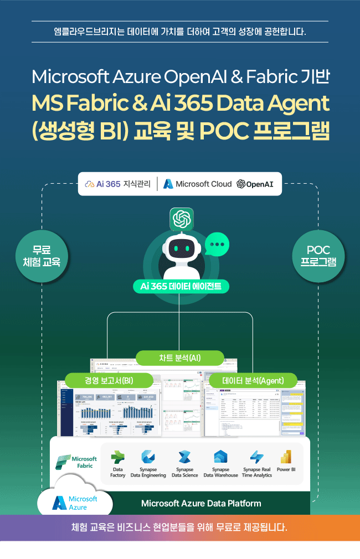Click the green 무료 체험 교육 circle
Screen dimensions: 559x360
pyautogui.click(x=42, y=256)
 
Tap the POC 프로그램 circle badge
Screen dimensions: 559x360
pyautogui.click(x=318, y=256)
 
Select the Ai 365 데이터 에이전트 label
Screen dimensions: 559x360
pyautogui.click(x=181, y=287)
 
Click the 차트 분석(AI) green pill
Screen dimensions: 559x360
pyautogui.click(x=180, y=358)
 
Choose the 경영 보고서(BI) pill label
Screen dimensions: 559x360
pyautogui.click(x=109, y=381)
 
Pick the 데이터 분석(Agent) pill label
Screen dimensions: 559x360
pyautogui.click(x=253, y=381)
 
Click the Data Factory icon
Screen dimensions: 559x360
pyautogui.click(x=117, y=458)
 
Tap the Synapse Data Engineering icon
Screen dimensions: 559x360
pyautogui.click(x=148, y=458)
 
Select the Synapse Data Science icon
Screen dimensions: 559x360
pyautogui.click(x=184, y=458)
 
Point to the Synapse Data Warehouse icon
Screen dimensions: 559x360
pyautogui.click(x=220, y=458)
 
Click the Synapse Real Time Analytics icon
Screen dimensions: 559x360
pyautogui.click(x=257, y=458)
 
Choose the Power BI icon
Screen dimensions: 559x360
pyautogui.click(x=286, y=458)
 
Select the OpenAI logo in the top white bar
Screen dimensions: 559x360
pyautogui.click(x=255, y=184)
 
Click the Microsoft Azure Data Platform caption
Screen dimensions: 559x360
pyautogui.click(x=201, y=503)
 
